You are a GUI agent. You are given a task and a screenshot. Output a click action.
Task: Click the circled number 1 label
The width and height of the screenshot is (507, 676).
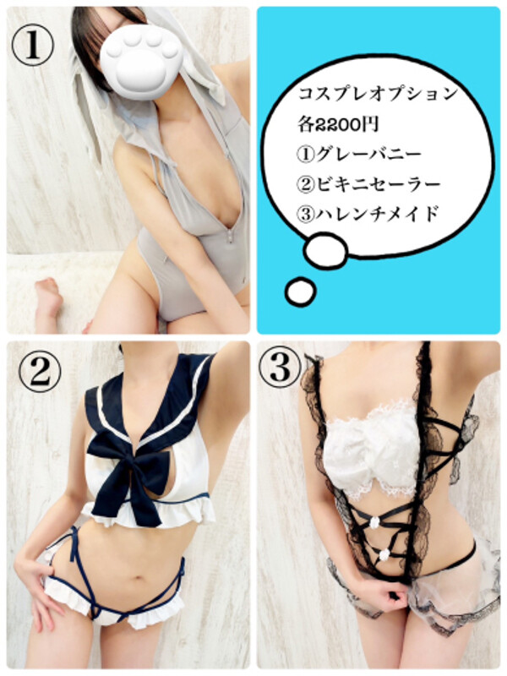point(33,46)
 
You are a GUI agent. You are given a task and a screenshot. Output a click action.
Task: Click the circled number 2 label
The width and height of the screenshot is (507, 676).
point(40,372)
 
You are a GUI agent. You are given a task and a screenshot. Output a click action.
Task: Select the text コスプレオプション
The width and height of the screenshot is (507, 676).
point(378,93)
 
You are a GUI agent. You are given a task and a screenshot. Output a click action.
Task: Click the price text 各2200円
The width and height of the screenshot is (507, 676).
point(338,124)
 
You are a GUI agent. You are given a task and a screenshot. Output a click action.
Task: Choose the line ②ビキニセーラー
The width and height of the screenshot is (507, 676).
point(369,184)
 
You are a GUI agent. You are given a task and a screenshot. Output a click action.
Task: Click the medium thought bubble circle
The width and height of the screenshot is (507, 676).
point(325,250)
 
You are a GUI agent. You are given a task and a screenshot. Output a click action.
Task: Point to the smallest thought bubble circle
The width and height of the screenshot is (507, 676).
point(300,292)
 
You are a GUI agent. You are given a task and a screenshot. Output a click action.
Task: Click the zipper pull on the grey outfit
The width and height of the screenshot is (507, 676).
point(231,236)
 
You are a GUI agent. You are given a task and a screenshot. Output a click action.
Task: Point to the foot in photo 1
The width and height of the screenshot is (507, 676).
point(49,298)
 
